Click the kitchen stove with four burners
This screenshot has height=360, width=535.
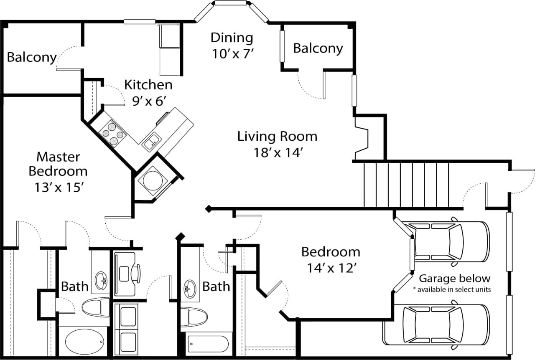112,133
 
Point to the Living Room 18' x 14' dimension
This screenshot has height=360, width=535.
278,153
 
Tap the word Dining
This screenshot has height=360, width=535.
232,38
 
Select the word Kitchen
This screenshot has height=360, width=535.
148,85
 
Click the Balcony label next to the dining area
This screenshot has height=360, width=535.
318,48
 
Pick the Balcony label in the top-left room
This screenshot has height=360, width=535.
32,57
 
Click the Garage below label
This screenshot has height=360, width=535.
454,279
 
